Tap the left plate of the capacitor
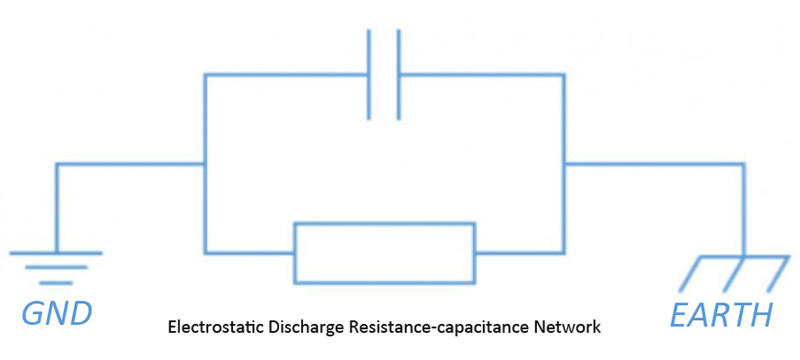370,75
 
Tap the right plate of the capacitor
399,75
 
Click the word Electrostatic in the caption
212,327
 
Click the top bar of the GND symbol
56,253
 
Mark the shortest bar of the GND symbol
56,281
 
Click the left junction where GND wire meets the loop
204,164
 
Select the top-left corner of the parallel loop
204,74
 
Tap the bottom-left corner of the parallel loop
204,252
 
